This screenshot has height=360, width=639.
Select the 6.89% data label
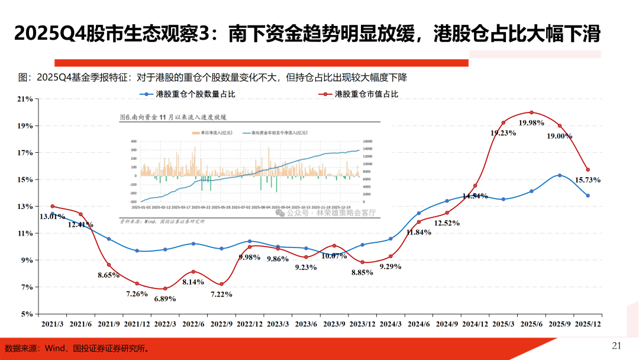pos(165,298)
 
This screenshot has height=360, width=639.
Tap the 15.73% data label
pos(588,179)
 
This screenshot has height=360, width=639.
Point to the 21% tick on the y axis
pos(25,99)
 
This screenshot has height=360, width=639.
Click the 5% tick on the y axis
pos(27,314)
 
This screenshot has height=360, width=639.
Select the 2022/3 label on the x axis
pos(165,324)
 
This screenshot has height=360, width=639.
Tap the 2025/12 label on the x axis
pos(588,324)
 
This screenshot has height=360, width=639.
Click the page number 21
pos(616,346)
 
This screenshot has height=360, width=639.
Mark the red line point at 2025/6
pos(531,112)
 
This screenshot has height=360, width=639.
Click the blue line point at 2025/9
pos(560,175)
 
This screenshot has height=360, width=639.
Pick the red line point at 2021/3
pos(52,206)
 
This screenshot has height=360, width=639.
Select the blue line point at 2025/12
pos(588,195)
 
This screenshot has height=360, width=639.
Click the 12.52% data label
pos(447,223)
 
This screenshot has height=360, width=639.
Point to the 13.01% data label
pos(52,217)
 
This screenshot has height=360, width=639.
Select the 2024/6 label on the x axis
pos(418,324)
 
